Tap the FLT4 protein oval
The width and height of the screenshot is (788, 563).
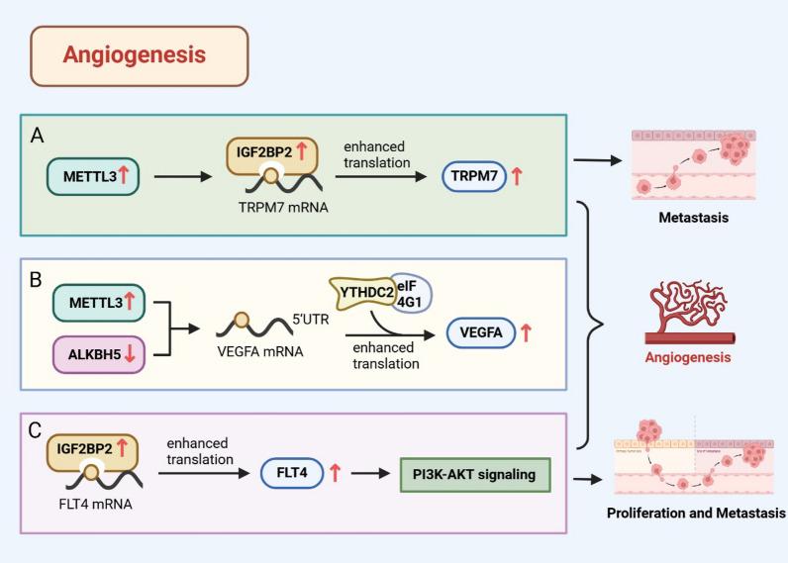(295, 474)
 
